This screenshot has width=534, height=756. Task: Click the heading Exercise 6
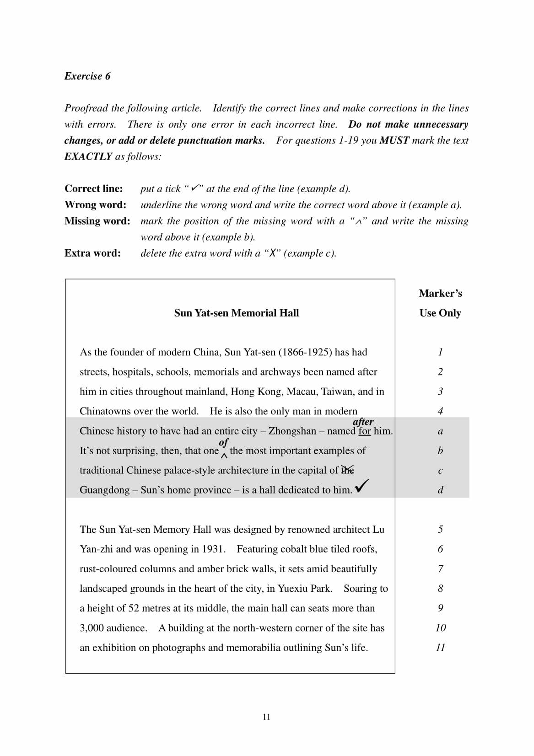[87, 76]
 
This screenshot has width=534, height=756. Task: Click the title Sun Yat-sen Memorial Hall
[236, 313]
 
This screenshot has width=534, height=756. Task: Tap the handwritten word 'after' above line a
[363, 421]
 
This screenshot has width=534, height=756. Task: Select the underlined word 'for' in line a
[365, 431]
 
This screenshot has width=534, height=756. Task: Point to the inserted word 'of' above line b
[223, 442]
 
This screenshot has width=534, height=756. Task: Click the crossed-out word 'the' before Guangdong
[347, 470]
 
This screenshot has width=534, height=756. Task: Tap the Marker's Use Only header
[440, 303]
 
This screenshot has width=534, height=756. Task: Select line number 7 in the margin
[440, 568]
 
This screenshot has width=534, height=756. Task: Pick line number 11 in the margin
[440, 647]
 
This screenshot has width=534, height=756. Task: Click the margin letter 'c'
[440, 470]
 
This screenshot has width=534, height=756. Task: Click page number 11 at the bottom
[267, 717]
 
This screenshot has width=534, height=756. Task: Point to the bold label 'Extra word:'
[92, 253]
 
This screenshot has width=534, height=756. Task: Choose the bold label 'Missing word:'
[97, 221]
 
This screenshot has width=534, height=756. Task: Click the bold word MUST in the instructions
[394, 140]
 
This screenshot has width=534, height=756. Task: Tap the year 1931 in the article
[213, 549]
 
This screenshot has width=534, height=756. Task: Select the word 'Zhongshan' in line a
[292, 431]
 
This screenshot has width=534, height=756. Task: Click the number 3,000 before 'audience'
[92, 628]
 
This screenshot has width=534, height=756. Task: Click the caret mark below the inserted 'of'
[224, 456]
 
